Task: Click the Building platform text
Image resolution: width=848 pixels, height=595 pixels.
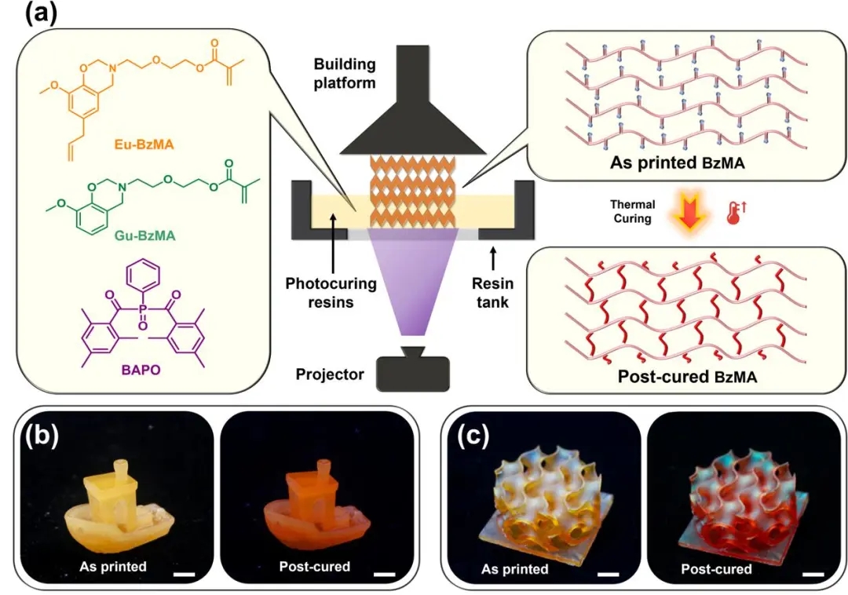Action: click(345, 73)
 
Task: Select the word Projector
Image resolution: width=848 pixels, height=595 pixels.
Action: click(331, 374)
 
